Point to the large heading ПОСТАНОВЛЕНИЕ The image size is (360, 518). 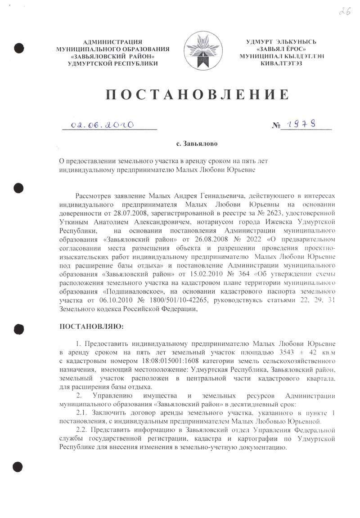tap(197, 94)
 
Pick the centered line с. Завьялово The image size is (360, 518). tap(196, 144)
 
